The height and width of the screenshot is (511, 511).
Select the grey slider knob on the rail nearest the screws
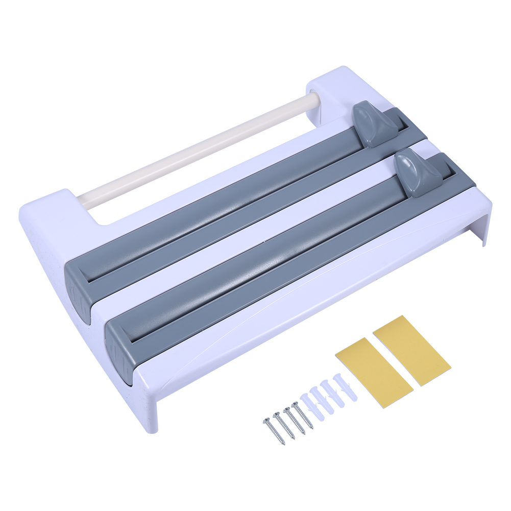pos(418,173)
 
